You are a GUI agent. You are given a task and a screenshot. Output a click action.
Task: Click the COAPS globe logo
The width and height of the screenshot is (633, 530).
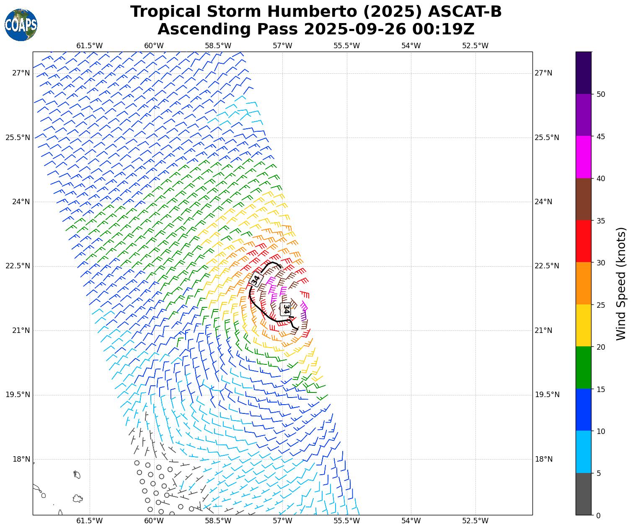click(21, 25)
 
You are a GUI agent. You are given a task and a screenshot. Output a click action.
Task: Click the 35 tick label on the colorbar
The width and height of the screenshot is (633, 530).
click(601, 221)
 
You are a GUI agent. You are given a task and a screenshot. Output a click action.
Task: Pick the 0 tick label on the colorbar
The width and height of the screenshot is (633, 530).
click(598, 516)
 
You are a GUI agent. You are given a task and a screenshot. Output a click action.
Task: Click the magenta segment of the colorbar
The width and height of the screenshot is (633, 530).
click(584, 157)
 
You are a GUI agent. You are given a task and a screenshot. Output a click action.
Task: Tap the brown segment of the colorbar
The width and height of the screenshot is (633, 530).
click(584, 199)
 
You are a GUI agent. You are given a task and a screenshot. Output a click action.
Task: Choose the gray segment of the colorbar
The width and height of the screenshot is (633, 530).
click(584, 494)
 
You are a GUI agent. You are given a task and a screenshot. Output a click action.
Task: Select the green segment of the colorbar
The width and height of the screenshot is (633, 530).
click(584, 367)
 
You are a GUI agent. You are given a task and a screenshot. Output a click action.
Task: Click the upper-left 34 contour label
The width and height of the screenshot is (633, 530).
click(256, 279)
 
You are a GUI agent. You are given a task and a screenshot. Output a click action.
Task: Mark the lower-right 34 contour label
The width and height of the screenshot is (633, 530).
click(286, 309)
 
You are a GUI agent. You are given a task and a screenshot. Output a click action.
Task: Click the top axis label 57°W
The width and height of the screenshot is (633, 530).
click(282, 46)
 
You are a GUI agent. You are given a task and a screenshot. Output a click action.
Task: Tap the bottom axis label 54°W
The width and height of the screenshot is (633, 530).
click(411, 521)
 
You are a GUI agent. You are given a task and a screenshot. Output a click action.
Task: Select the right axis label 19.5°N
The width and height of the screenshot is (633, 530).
click(547, 395)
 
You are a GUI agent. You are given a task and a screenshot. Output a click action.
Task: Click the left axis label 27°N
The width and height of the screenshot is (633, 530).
click(21, 73)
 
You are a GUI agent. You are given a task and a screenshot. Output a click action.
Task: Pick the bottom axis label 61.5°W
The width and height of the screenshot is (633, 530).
click(90, 521)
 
